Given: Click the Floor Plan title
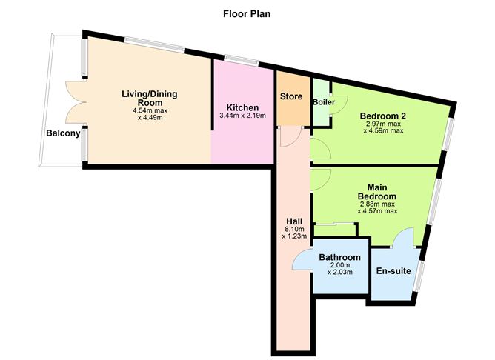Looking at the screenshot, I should pyautogui.click(x=247, y=13).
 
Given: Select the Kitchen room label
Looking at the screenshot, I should pyautogui.click(x=244, y=108).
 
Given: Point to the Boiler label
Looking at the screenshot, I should pyautogui.click(x=325, y=101).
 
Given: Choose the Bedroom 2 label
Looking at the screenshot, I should pyautogui.click(x=383, y=116).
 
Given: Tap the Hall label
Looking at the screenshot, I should pyautogui.click(x=293, y=221).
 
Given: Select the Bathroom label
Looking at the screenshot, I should pyautogui.click(x=339, y=257).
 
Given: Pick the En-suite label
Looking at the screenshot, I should pyautogui.click(x=393, y=271).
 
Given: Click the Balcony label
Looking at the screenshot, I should pyautogui.click(x=62, y=133).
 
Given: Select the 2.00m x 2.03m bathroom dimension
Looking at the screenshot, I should pyautogui.click(x=339, y=270).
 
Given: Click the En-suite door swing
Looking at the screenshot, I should pyautogui.click(x=404, y=239).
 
